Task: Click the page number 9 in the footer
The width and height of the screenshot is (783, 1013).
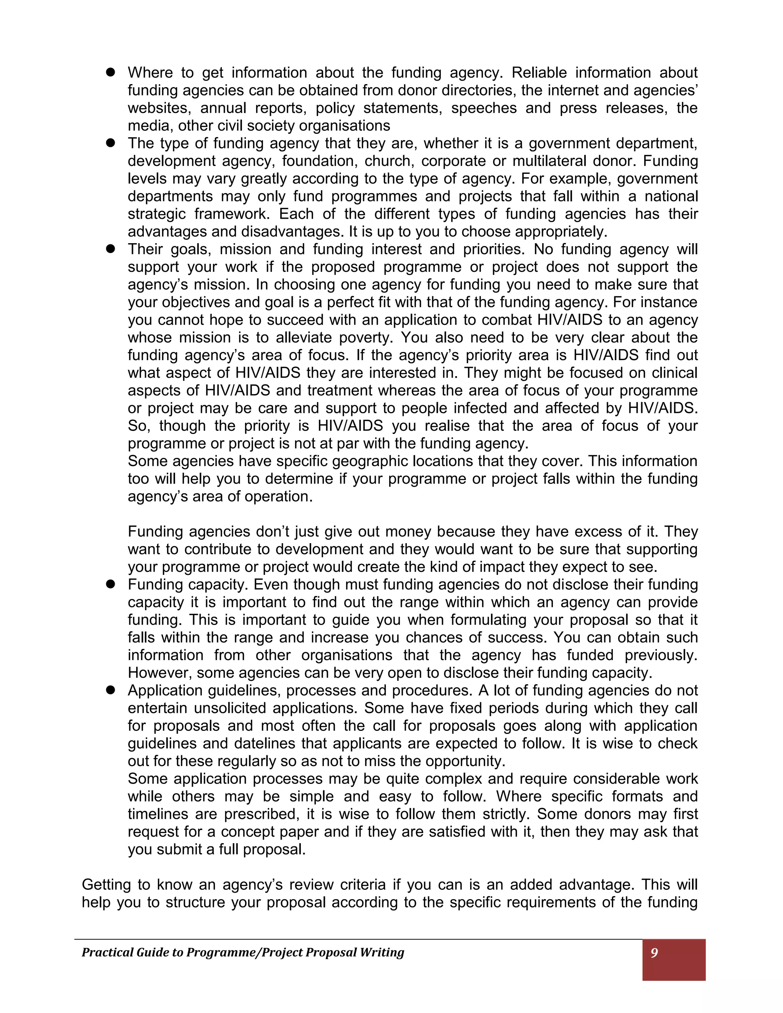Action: (x=654, y=953)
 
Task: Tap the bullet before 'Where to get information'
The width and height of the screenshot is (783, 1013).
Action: (x=110, y=72)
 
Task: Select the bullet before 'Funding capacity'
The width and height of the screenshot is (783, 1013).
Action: (x=110, y=584)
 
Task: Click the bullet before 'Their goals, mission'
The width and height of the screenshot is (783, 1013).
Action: (x=110, y=249)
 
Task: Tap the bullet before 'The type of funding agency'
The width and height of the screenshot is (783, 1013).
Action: (x=110, y=143)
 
